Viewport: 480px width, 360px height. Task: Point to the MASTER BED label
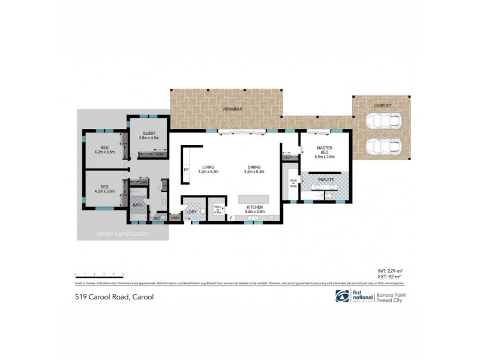tap(325, 151)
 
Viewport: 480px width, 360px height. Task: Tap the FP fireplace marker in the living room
tap(186, 170)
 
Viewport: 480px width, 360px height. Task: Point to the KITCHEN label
tap(255, 207)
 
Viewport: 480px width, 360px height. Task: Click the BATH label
tap(137, 205)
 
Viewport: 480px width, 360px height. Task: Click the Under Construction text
tap(122, 233)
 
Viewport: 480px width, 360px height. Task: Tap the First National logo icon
tap(342, 296)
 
